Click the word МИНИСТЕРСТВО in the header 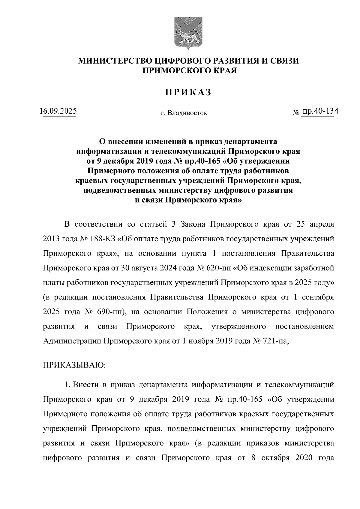pyautogui.click(x=115, y=61)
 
